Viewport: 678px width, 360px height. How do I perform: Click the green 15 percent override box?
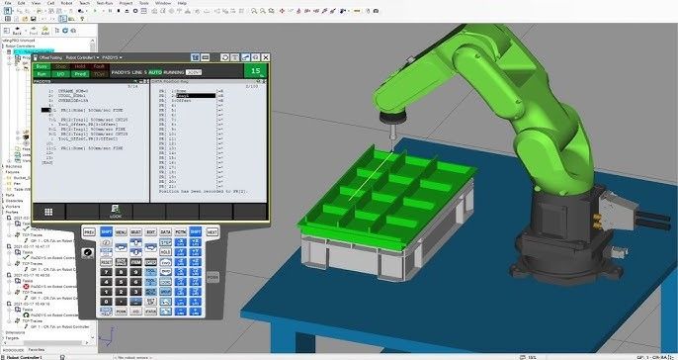click(256, 70)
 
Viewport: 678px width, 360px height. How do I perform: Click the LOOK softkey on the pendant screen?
click(116, 212)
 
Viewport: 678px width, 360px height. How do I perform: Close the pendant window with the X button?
click(262, 57)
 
